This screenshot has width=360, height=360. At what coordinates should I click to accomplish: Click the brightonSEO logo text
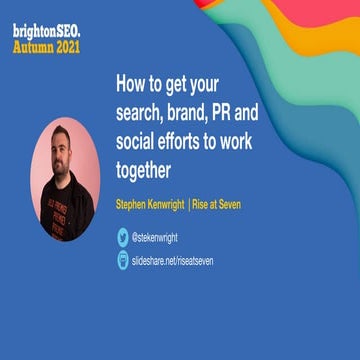tap(46, 31)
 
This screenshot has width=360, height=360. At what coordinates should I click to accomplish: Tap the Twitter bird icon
tap(123, 238)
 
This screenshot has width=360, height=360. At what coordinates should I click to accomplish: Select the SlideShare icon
tap(123, 260)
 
